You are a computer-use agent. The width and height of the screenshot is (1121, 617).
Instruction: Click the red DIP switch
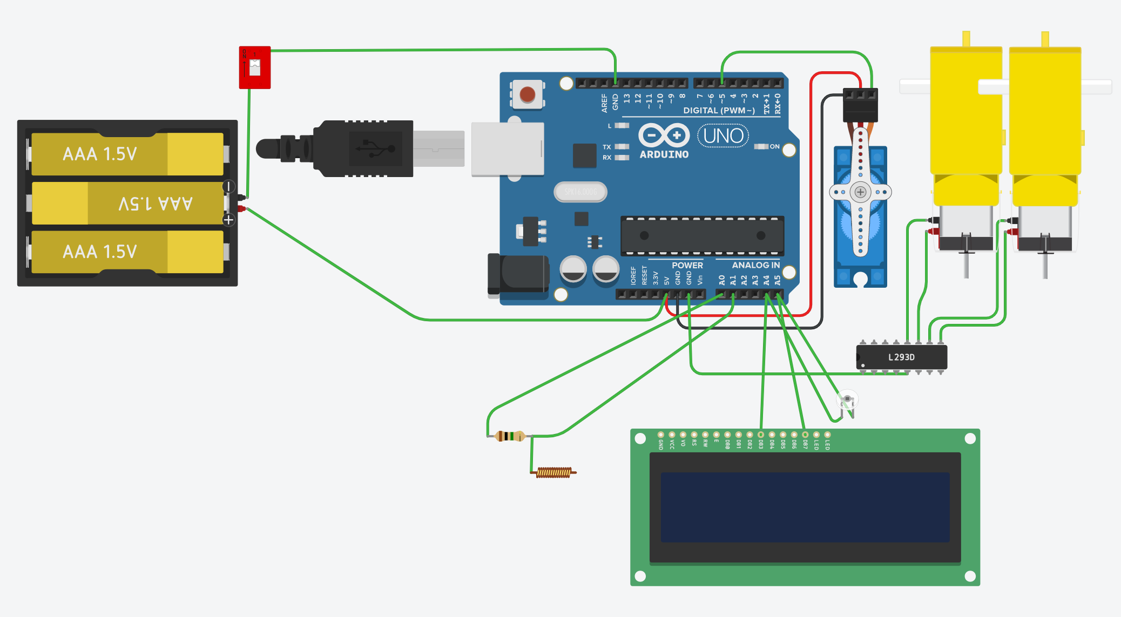tap(254, 67)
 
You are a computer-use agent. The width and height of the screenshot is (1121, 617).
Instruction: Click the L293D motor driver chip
tap(901, 357)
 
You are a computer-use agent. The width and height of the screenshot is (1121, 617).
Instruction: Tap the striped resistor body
tap(509, 436)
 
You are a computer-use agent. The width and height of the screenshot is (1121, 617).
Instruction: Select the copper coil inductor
tap(553, 472)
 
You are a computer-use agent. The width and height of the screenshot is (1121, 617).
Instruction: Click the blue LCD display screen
tap(805, 507)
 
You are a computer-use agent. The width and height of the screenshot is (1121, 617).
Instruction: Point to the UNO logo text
tap(723, 136)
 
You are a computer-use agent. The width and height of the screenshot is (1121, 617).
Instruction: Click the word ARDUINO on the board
tap(664, 154)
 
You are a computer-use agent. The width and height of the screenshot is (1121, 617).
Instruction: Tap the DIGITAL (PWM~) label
tap(719, 111)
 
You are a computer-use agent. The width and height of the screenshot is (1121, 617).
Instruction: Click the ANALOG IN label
tap(755, 265)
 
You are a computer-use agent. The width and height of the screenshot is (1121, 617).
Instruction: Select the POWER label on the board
tap(687, 265)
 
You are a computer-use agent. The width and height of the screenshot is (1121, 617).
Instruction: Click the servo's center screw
tap(860, 192)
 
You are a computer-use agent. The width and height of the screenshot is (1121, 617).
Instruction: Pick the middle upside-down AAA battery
tap(128, 203)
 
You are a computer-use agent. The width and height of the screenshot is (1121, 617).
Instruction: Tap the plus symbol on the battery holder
tap(228, 220)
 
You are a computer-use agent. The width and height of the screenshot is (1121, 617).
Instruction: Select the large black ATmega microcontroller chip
tap(702, 236)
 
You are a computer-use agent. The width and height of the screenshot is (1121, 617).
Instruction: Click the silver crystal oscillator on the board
tap(580, 192)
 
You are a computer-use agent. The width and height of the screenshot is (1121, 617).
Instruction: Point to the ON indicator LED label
tap(774, 146)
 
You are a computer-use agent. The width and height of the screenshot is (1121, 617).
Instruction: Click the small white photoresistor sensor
tap(847, 399)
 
